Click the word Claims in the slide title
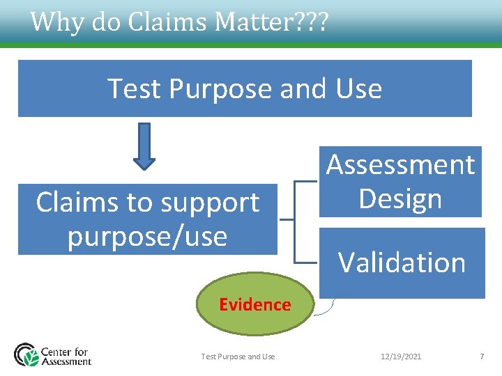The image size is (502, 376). (x=168, y=22)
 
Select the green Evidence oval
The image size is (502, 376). (x=254, y=304)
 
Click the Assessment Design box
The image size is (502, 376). (x=400, y=182)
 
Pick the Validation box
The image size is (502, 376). (x=402, y=263)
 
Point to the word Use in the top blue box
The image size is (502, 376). (x=358, y=89)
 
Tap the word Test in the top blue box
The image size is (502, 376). (x=135, y=89)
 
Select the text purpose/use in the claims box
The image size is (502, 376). (x=147, y=236)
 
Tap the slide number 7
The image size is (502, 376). (x=481, y=357)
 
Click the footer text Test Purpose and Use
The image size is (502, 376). (x=238, y=357)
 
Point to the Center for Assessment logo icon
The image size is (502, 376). (x=27, y=354)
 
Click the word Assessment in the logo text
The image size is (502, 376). (x=66, y=361)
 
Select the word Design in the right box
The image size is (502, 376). (x=400, y=198)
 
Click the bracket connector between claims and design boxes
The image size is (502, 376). (x=295, y=219)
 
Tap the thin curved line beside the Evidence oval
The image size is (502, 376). (x=324, y=310)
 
